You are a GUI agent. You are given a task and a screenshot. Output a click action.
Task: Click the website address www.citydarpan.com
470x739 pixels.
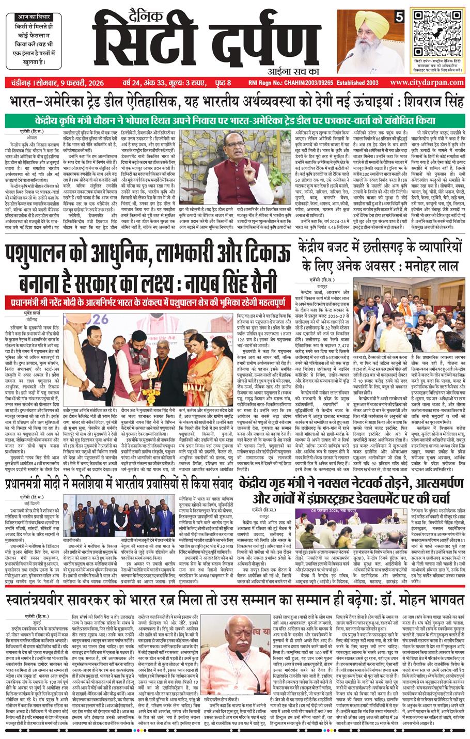pos(428,83)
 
